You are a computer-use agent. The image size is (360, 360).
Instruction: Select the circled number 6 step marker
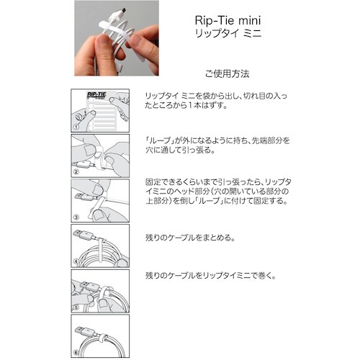tap(76, 351)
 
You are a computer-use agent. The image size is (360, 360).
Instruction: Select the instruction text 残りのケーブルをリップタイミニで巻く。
tap(210, 275)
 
